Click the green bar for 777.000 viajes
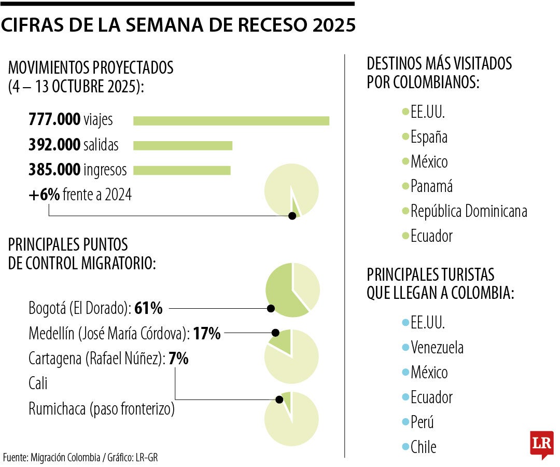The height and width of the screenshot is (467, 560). coord(231,121)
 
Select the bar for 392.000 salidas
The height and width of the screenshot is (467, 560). coord(183,145)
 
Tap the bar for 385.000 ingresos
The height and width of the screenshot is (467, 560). coord(181,170)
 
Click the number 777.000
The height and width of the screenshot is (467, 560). coord(54,120)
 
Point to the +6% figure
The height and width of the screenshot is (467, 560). coord(44,195)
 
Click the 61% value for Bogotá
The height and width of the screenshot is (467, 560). coord(148,309)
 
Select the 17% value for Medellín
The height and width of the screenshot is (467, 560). coord(207,334)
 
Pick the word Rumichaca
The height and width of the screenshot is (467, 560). coord(57,409)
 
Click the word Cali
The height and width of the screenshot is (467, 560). coord(38,384)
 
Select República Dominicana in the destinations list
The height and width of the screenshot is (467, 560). coord(469,211)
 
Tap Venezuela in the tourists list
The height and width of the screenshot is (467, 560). coord(437,347)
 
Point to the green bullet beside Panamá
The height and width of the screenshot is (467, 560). coord(405,186)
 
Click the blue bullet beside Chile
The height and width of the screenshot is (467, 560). coord(405,446)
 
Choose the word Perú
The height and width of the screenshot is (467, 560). coord(422,422)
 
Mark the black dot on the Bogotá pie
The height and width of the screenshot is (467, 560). coord(270,309)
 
